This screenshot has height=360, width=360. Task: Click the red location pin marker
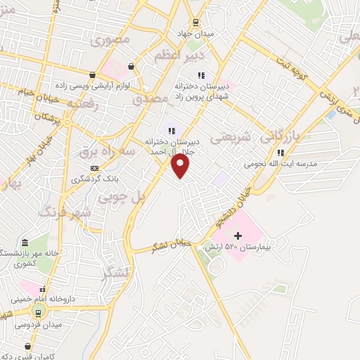click(181, 166)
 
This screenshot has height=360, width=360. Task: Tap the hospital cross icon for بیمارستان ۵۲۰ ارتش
click(237, 235)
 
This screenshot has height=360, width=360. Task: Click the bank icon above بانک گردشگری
click(94, 168)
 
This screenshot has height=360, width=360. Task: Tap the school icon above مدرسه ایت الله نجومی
click(281, 152)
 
